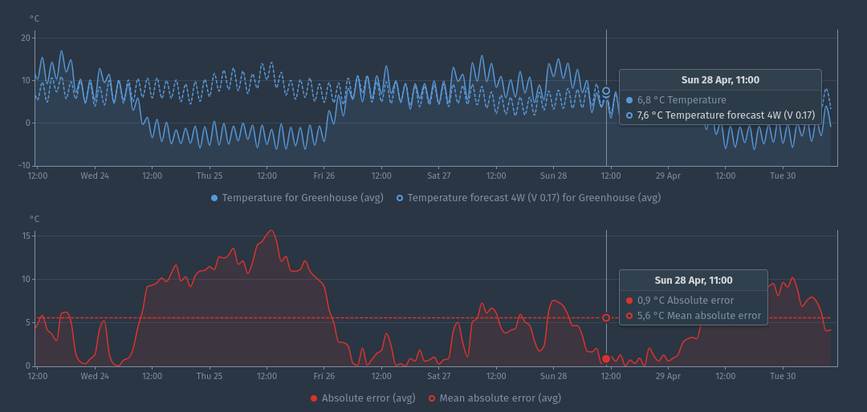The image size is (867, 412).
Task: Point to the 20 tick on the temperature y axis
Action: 26,38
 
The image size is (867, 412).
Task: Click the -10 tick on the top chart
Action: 24,165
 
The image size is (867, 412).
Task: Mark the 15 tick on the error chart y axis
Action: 26,236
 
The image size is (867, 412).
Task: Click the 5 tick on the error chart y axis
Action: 27,322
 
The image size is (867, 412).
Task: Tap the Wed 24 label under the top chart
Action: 95,175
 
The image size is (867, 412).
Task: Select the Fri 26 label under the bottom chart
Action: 324,375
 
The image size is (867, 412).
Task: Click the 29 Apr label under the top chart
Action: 668,175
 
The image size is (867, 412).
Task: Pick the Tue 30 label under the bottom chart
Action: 783,375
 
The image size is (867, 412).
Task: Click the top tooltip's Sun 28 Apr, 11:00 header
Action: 720,79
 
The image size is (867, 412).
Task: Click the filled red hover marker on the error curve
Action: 606,358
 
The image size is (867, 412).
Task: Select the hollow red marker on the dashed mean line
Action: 606,317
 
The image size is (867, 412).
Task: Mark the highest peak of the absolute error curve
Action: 271,231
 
